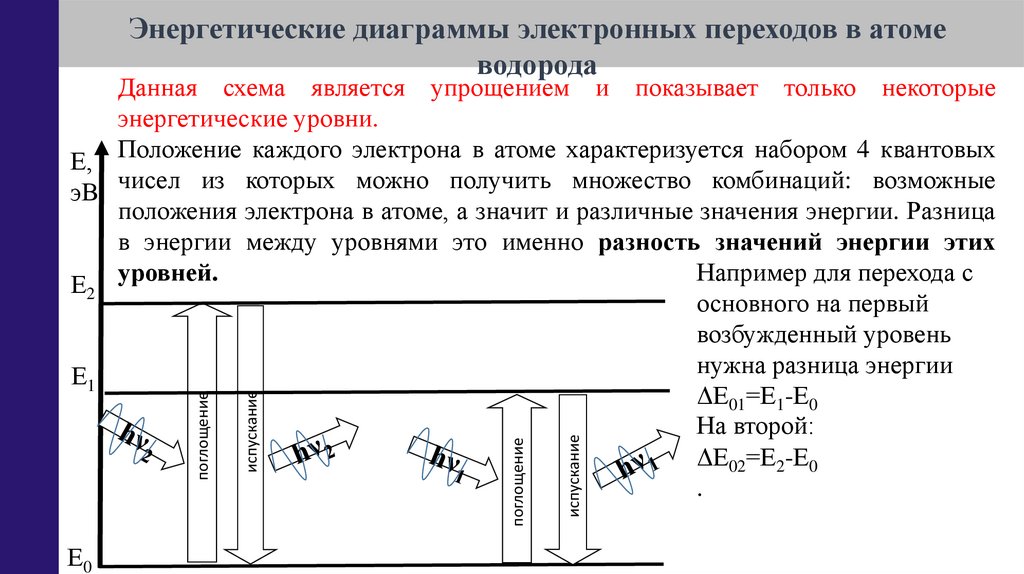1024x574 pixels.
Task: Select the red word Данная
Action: [158, 89]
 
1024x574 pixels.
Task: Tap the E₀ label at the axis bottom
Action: [79, 559]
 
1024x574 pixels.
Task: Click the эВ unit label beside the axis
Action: [83, 192]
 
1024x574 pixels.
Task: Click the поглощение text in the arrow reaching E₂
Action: [203, 436]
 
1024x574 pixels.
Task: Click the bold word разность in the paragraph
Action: [651, 243]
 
